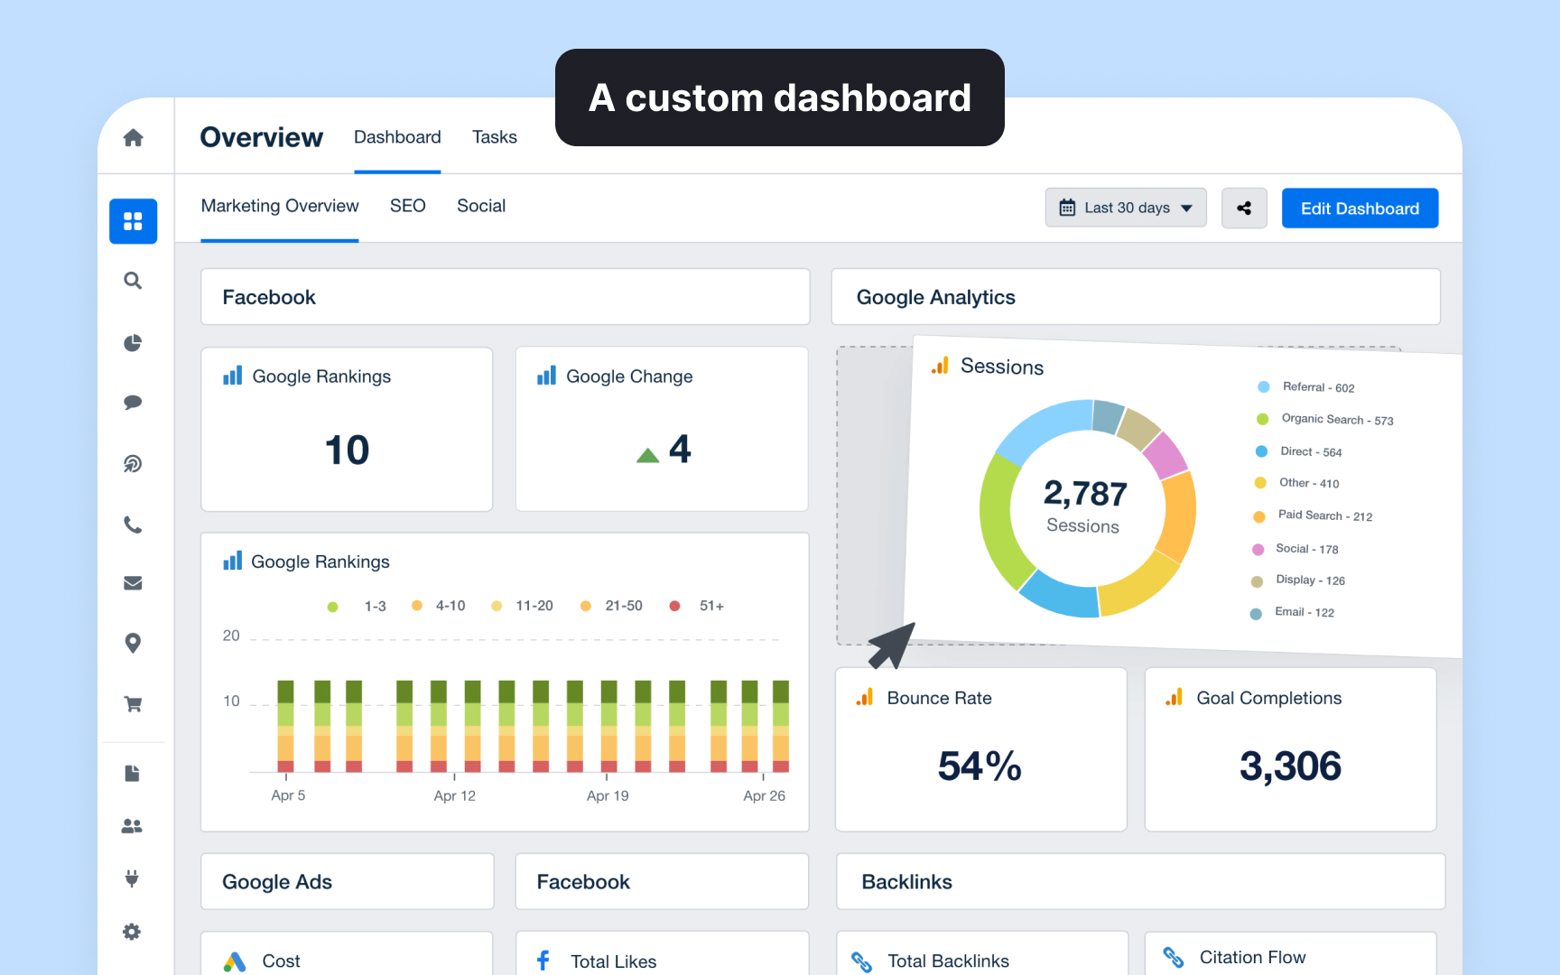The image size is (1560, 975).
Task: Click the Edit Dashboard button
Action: (1359, 209)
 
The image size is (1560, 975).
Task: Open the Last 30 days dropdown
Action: (1125, 208)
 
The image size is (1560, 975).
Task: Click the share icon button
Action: (1243, 209)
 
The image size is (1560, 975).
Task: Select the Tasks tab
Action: (494, 137)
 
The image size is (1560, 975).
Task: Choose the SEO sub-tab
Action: (407, 206)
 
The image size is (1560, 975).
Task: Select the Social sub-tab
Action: (480, 206)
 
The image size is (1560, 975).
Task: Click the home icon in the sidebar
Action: (133, 137)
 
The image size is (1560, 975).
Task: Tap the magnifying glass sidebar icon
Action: (133, 281)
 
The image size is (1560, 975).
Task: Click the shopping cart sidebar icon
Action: (133, 703)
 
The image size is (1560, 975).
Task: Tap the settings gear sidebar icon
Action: (132, 932)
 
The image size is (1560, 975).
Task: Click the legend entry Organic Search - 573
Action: (1336, 420)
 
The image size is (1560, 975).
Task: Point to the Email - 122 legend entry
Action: (1304, 612)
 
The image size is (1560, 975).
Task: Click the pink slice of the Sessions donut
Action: (1165, 454)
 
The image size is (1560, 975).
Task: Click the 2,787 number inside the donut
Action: (1085, 494)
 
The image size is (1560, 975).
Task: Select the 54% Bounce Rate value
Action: (980, 766)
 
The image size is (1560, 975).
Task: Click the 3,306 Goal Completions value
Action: (1290, 766)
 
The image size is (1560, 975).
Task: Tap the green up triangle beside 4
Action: (647, 455)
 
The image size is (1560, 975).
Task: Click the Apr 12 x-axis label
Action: (454, 795)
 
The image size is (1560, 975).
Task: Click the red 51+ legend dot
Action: (674, 606)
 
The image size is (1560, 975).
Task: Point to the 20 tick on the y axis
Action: (231, 636)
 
